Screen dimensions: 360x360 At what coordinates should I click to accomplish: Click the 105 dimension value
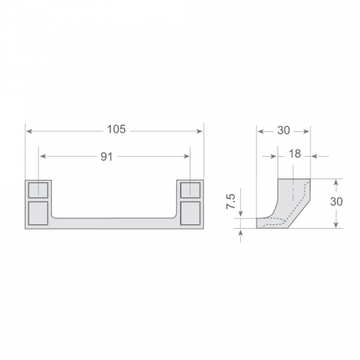click(x=116, y=130)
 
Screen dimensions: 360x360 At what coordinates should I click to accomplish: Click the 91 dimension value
click(x=106, y=157)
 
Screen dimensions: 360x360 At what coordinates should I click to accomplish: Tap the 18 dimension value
click(x=295, y=154)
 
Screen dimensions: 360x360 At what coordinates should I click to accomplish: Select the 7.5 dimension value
click(x=231, y=201)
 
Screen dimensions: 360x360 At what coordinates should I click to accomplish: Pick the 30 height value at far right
click(x=336, y=202)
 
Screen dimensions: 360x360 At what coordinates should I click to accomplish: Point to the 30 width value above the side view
click(x=283, y=130)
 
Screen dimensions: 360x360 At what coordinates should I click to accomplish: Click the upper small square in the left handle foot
click(x=38, y=190)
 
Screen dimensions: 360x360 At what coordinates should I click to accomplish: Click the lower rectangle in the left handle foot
click(x=38, y=213)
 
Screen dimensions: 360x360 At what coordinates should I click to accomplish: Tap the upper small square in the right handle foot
click(x=190, y=190)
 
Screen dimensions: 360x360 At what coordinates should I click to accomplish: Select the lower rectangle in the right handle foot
click(x=190, y=213)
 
